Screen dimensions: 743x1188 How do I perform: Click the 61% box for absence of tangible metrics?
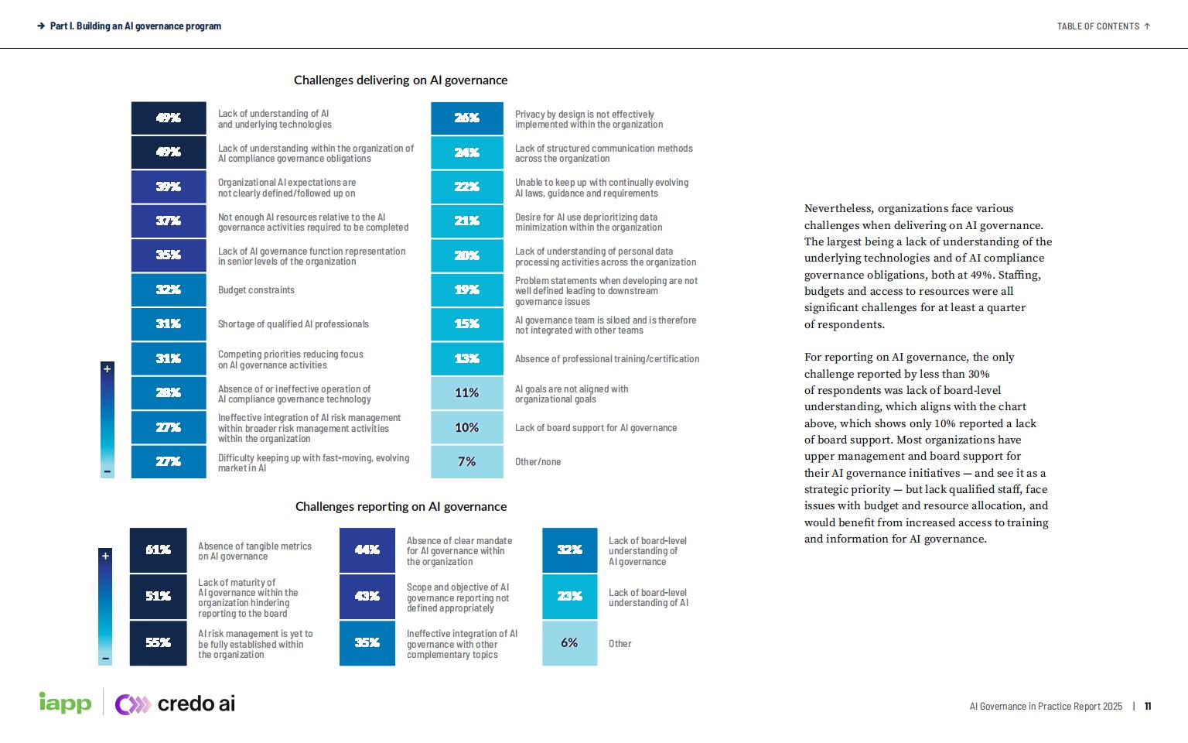158,550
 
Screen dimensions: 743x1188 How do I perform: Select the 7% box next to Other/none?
466,461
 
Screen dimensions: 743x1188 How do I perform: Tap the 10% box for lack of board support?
466,427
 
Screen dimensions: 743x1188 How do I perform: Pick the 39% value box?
169,187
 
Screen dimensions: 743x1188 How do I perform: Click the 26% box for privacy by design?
466,118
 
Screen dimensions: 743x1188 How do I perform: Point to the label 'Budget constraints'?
256,290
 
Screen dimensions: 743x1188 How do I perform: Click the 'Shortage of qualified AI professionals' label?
293,324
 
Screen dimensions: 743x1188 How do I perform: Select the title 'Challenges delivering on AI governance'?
401,80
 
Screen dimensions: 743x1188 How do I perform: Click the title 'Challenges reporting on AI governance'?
401,506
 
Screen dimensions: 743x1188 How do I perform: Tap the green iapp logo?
65,703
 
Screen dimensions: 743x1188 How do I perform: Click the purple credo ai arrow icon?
132,704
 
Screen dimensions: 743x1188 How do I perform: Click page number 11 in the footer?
1148,706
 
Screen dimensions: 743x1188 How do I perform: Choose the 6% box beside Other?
569,642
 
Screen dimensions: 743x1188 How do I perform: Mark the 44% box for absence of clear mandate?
367,550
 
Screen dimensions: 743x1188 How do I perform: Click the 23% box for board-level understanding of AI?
569,596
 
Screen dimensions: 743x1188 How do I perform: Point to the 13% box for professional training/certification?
466,358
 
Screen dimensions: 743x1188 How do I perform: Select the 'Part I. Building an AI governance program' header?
135,26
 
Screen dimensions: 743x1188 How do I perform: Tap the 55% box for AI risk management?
158,642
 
